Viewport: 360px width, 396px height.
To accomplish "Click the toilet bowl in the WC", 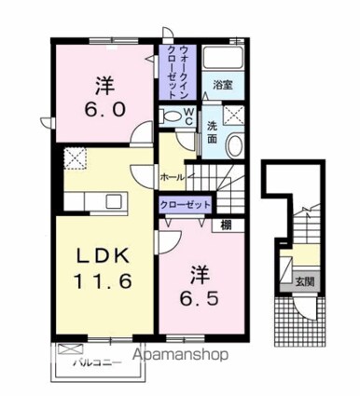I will click(x=171, y=116).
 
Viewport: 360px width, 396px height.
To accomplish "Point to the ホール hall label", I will click(x=171, y=176).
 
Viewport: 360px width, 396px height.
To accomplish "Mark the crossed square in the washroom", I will click(x=234, y=116).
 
